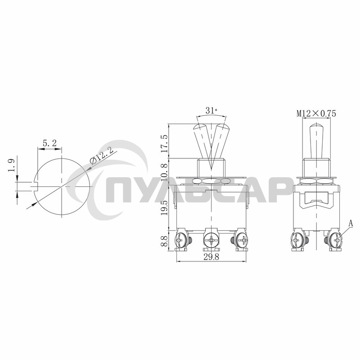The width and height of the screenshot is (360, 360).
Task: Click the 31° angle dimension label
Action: coord(211,111)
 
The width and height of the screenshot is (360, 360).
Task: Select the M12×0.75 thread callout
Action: coord(316,113)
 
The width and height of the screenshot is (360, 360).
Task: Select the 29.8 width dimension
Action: coord(211,257)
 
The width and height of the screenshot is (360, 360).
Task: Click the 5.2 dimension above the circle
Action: coord(49,143)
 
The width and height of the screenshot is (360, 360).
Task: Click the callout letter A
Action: coord(351,223)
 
